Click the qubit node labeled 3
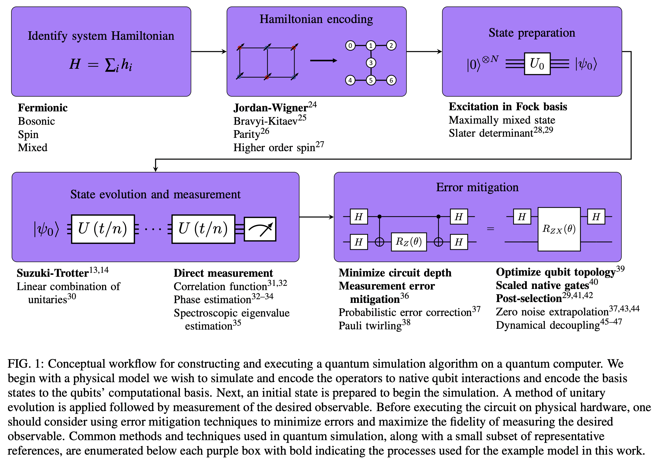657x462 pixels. tap(371, 63)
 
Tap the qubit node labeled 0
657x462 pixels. tap(350, 46)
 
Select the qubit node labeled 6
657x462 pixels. tap(391, 80)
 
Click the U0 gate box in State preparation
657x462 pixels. tap(537, 64)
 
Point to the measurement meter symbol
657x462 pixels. tap(260, 229)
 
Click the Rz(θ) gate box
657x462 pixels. tap(409, 242)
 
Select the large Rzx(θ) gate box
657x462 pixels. tap(559, 229)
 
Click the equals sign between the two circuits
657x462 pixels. tap(490, 229)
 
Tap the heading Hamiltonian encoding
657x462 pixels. tap(316, 19)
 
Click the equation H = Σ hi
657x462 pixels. tap(101, 64)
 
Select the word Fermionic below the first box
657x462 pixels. tap(43, 108)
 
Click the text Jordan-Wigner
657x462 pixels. tap(270, 108)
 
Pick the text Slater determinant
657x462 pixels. tap(491, 133)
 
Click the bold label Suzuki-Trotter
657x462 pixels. tap(52, 273)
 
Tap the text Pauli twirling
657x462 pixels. tap(370, 326)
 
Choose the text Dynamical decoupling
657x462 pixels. tap(548, 325)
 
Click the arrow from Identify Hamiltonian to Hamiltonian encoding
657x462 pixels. tap(208, 52)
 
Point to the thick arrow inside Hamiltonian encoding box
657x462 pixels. tap(323, 61)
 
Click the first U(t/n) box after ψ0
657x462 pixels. tap(103, 229)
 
